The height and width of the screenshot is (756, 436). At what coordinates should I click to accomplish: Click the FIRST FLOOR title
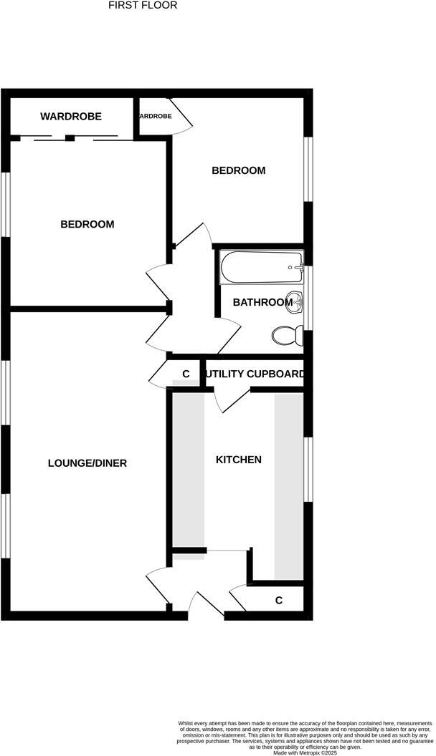coord(143,5)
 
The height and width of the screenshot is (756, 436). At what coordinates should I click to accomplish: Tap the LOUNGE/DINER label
coord(87,463)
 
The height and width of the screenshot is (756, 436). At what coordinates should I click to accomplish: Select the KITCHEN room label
coord(238,460)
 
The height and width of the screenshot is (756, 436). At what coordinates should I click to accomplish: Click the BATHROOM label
coord(262,303)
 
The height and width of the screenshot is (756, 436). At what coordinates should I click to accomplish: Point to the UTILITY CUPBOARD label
coord(255,374)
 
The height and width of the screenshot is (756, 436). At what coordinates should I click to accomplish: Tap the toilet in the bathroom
coord(288,334)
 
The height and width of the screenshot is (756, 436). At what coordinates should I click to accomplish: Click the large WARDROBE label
coord(70,116)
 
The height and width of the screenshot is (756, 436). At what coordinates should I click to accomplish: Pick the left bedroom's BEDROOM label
coord(87,224)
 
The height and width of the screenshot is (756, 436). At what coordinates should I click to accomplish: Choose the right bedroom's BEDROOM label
coord(238,170)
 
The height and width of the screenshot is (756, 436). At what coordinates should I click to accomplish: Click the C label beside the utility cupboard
coord(186,374)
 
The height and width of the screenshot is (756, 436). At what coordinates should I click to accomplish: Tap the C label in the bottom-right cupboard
coord(279,600)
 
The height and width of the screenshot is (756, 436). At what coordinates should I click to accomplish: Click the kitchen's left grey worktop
coord(187,469)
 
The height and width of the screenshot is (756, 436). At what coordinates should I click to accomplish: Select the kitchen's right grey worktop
coord(289,485)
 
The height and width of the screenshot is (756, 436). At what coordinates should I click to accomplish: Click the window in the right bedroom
coord(308,169)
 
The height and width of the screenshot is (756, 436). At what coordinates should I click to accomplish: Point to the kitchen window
coord(308,469)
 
